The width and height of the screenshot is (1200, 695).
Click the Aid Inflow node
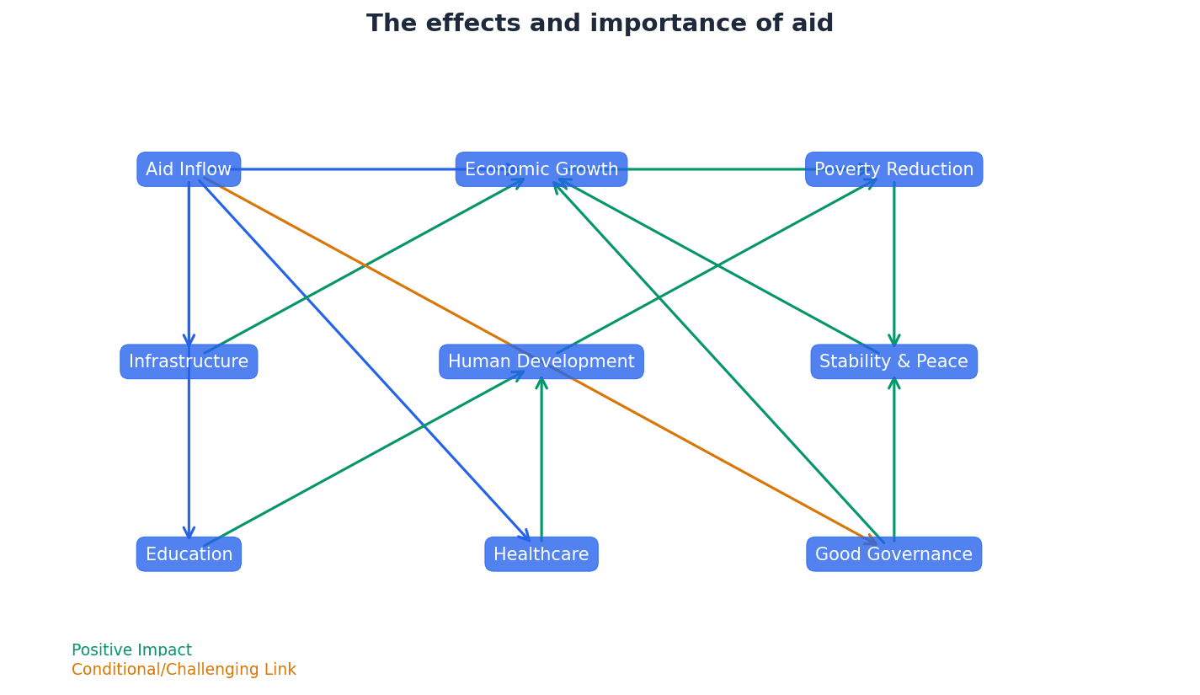(x=189, y=169)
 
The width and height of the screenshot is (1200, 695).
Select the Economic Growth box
(x=541, y=169)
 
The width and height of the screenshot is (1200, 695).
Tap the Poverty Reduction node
(x=893, y=169)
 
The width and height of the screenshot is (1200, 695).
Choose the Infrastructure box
(x=189, y=361)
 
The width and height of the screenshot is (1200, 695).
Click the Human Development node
(x=541, y=361)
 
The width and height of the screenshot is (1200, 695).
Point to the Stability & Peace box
(x=893, y=361)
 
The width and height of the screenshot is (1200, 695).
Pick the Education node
(x=189, y=554)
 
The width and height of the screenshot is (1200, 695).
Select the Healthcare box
(x=541, y=554)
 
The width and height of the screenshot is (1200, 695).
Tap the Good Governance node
(x=893, y=554)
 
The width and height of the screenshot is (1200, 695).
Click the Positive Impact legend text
(x=131, y=650)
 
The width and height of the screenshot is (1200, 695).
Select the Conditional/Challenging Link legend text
(x=184, y=670)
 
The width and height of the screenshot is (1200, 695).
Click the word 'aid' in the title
(x=813, y=24)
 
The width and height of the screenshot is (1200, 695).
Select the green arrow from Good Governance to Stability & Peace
(x=894, y=459)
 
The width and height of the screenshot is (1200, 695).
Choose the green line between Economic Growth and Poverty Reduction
(x=716, y=169)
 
